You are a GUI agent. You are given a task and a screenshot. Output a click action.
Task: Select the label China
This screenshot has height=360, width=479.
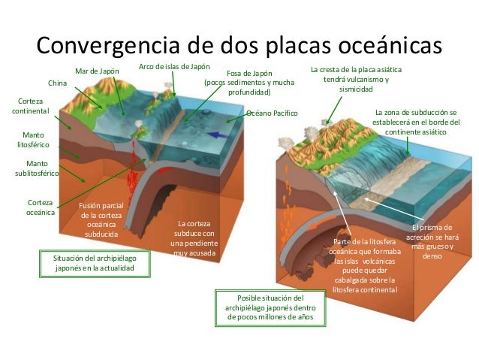(57, 82)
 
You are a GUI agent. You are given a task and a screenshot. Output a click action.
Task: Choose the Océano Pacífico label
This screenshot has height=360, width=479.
(272, 113)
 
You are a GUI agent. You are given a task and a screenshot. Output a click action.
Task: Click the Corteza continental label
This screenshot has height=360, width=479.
(31, 105)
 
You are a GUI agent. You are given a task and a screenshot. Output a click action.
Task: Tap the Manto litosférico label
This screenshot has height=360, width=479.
(32, 140)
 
